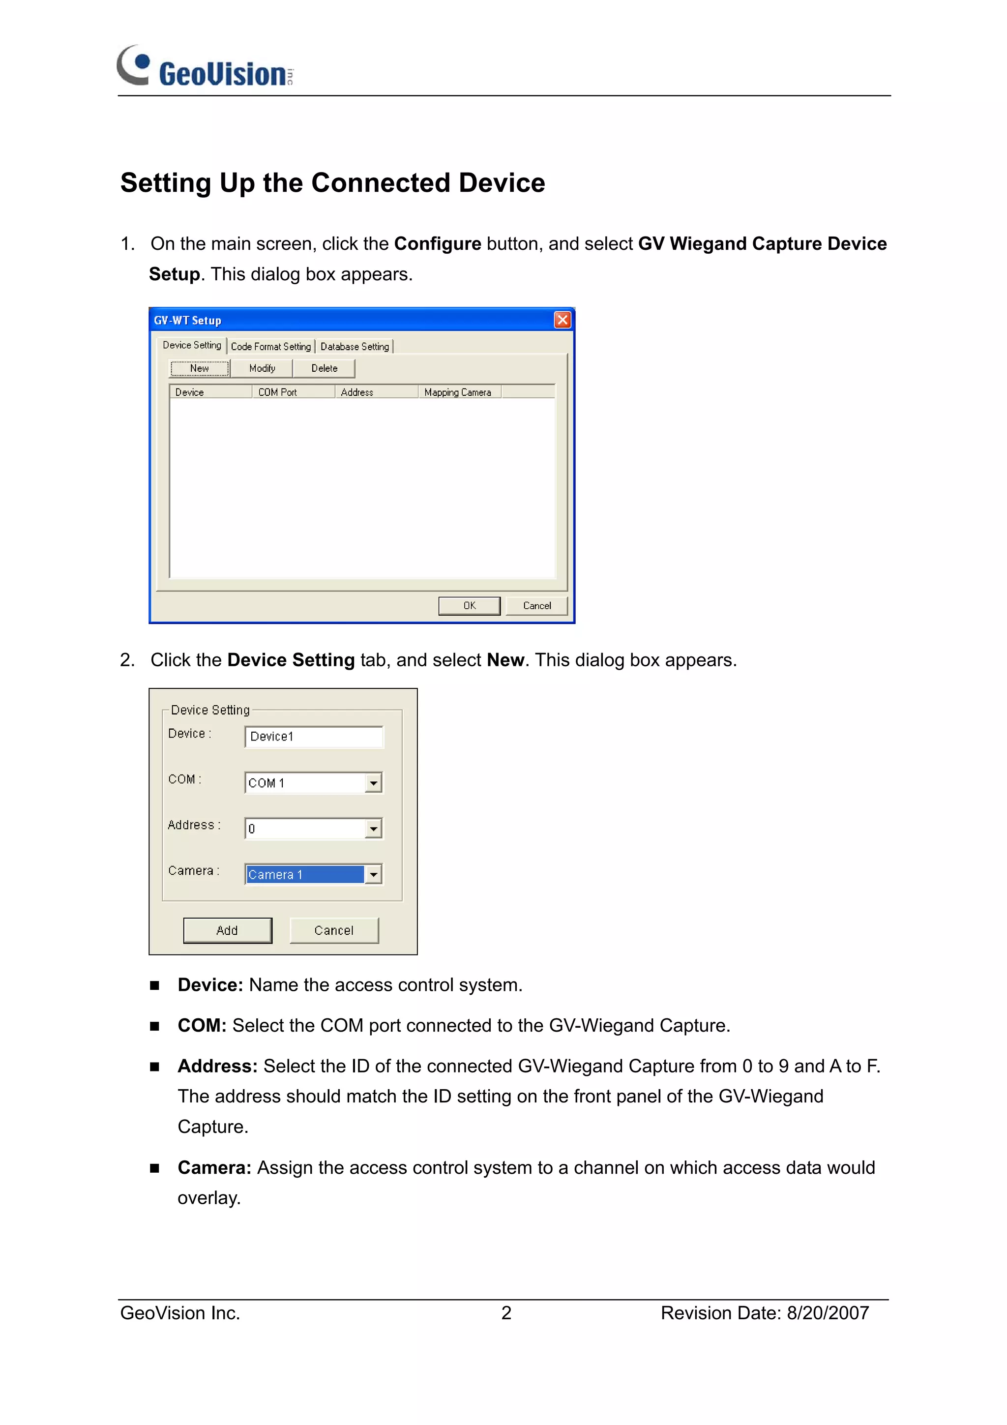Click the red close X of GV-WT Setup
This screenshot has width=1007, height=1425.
[562, 320]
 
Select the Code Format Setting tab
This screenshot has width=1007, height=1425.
[270, 346]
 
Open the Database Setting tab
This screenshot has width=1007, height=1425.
[355, 346]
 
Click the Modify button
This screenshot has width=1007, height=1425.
[262, 368]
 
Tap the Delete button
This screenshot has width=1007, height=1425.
[324, 368]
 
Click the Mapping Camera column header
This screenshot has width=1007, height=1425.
[457, 392]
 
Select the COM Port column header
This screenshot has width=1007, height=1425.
[277, 392]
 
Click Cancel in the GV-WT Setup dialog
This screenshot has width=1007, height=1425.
[537, 606]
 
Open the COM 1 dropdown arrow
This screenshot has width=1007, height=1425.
[373, 783]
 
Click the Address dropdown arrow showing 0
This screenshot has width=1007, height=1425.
[373, 829]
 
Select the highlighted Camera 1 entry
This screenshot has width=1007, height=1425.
[304, 874]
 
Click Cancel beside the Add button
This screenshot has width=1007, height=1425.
[334, 930]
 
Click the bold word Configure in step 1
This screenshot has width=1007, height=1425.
[438, 244]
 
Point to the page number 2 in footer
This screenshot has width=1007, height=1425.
[506, 1313]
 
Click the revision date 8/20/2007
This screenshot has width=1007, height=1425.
[828, 1313]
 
